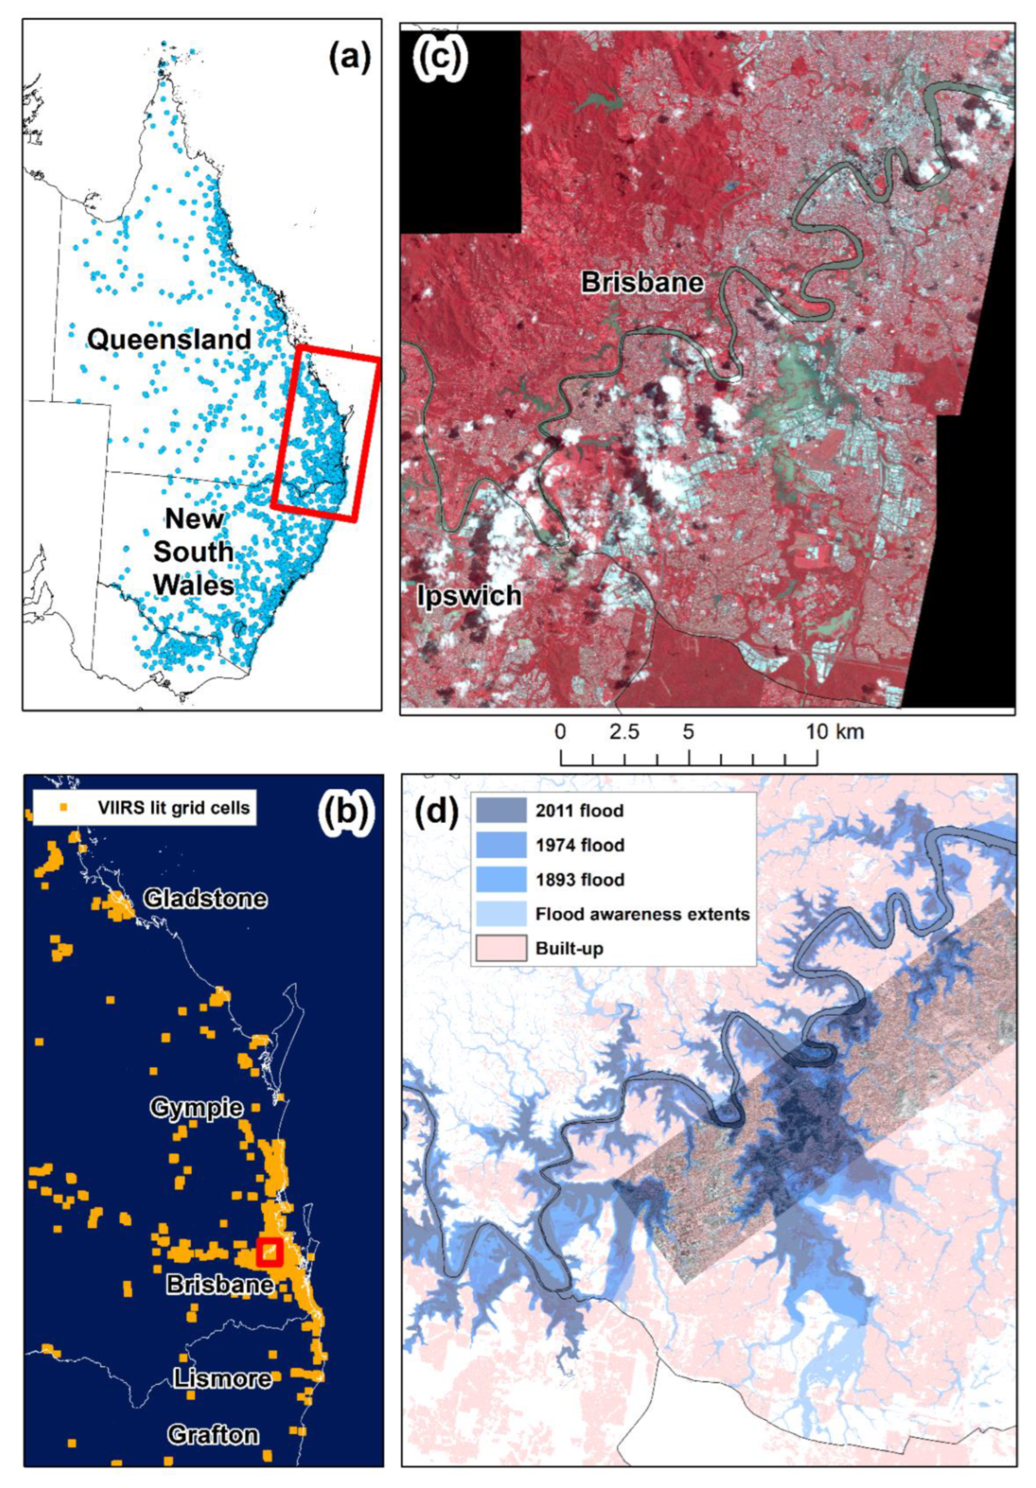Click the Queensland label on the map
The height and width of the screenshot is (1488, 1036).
pos(169,339)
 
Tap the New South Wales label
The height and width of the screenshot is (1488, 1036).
pos(193,552)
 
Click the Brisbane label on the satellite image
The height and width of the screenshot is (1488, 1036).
pos(642,282)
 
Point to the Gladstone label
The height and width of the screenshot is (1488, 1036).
pos(205,899)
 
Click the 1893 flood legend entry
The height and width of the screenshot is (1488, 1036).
pos(579,880)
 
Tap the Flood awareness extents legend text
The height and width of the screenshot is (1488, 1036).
pos(642,914)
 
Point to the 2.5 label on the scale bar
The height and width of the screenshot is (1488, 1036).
pos(624,732)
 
